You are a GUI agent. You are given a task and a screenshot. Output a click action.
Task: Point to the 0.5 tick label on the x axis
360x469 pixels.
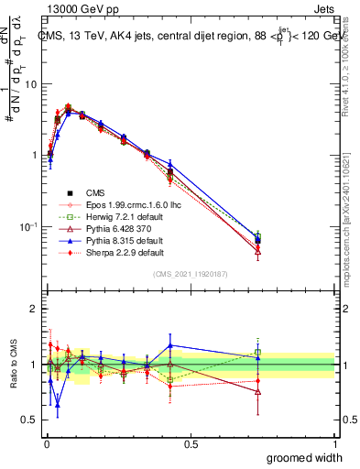(x=191, y=442)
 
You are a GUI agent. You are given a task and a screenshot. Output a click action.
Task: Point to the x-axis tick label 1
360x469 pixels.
(x=334, y=442)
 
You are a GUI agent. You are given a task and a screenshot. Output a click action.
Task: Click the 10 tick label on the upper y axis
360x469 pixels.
(x=31, y=84)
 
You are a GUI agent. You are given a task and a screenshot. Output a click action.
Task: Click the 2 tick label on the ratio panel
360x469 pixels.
(x=34, y=309)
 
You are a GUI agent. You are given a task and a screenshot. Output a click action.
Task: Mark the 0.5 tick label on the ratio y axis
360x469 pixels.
(x=29, y=420)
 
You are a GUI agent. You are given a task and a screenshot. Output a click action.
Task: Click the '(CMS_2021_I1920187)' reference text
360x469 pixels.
(x=190, y=273)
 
